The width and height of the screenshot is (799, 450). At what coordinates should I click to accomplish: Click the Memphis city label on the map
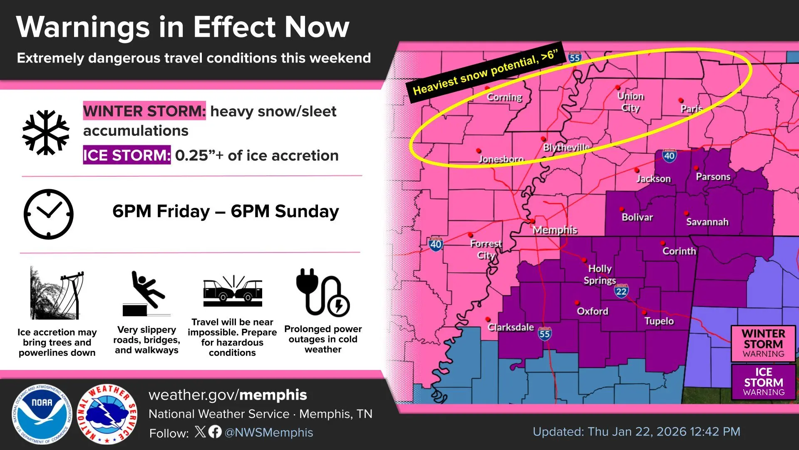(x=555, y=230)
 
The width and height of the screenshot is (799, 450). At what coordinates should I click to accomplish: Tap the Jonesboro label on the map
(x=501, y=159)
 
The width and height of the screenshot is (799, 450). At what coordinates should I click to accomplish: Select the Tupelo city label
(x=659, y=321)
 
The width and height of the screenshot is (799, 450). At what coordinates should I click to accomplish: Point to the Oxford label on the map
(x=592, y=311)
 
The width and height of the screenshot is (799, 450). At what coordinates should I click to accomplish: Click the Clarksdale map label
(x=511, y=327)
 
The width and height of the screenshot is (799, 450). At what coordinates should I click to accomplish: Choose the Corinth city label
(x=679, y=251)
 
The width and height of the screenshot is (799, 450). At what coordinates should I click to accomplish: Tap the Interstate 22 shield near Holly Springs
(x=621, y=291)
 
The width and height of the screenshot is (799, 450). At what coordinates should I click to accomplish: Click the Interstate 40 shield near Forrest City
(x=436, y=244)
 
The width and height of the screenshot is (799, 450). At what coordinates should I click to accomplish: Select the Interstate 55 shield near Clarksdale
(x=544, y=334)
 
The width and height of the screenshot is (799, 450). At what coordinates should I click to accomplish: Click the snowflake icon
(x=46, y=132)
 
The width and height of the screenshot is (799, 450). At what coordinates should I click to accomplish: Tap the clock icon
(x=49, y=214)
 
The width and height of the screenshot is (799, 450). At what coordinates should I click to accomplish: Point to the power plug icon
(x=323, y=292)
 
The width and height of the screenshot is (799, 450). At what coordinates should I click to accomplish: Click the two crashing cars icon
(x=233, y=290)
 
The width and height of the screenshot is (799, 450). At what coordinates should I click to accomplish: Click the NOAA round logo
(x=42, y=414)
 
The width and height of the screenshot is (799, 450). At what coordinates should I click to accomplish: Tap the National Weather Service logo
(x=107, y=414)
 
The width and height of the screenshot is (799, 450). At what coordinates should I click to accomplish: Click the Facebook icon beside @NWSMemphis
(x=215, y=432)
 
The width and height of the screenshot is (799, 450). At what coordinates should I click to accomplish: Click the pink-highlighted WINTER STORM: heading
(x=144, y=111)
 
